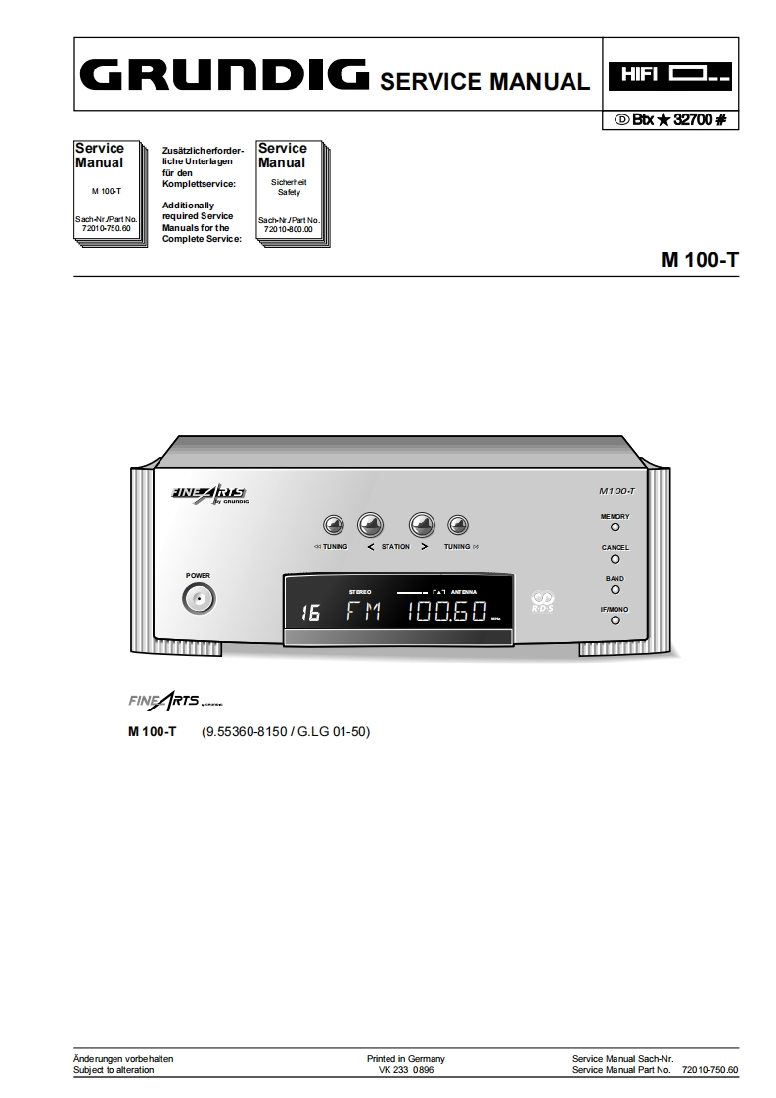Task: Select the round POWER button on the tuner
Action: (x=199, y=598)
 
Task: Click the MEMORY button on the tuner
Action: (x=615, y=526)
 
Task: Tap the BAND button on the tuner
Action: (x=615, y=590)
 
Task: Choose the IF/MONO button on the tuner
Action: (x=615, y=620)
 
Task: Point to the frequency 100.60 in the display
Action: (x=447, y=613)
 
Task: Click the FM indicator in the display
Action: (x=364, y=613)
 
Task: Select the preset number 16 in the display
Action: (x=310, y=614)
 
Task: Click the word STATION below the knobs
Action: (x=395, y=547)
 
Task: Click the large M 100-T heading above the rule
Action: (x=699, y=260)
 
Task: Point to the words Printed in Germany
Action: (x=405, y=1059)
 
